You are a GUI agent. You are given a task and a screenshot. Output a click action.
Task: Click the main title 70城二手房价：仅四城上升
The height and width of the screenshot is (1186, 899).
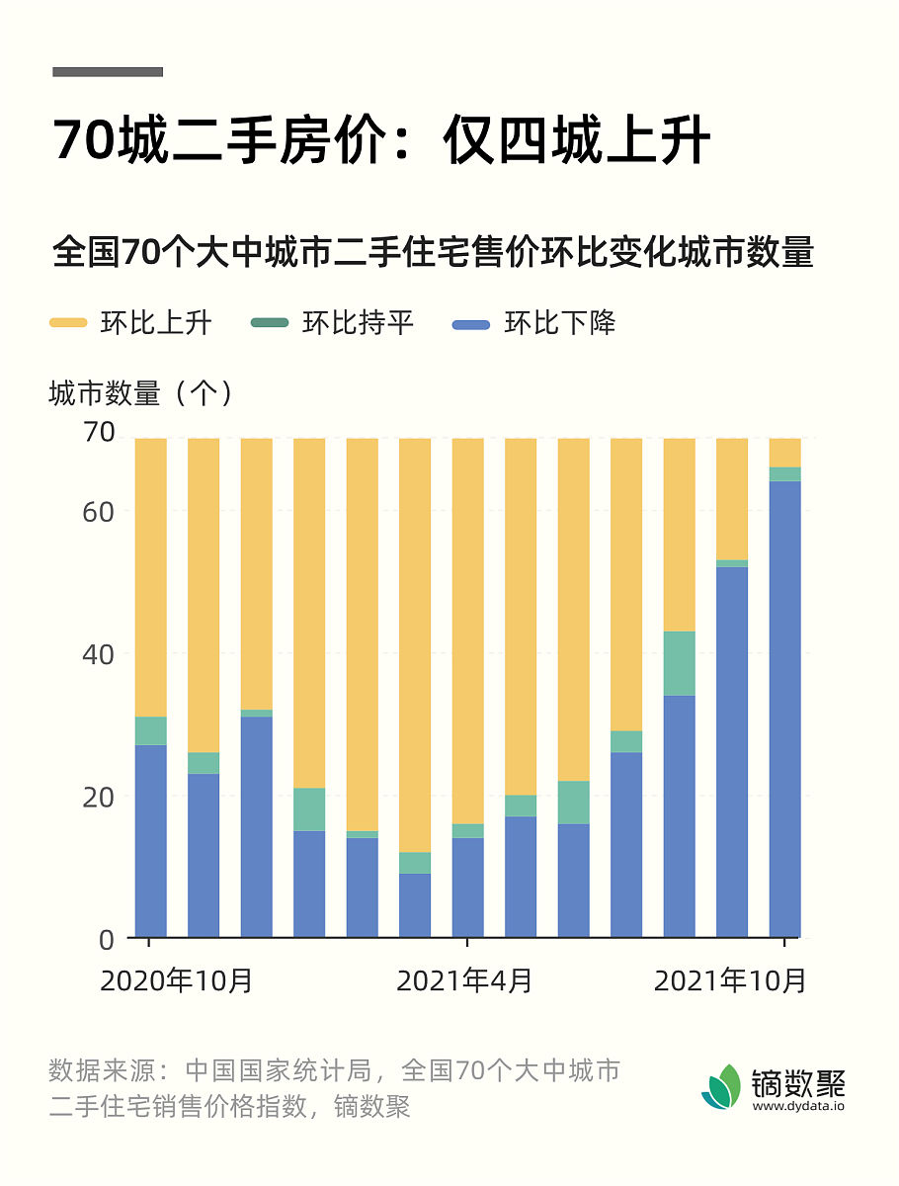coord(381,141)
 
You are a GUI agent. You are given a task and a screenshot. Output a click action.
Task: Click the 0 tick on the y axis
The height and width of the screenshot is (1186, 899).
coord(107,939)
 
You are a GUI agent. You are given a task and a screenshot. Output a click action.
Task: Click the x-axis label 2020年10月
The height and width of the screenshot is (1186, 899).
coord(178,980)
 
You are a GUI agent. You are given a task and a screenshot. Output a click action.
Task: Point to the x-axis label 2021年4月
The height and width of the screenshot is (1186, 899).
coord(465,980)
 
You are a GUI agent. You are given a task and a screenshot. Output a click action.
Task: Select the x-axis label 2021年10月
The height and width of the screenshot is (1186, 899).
coord(731,980)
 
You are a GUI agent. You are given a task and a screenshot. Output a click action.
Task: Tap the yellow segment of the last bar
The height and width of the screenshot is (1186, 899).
coord(784,452)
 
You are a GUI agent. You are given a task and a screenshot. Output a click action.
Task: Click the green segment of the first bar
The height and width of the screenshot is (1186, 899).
coord(150,730)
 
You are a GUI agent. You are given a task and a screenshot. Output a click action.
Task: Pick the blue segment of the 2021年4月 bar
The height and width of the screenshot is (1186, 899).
coord(467,887)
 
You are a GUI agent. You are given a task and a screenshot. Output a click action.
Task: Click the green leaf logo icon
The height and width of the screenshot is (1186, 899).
coord(721,1087)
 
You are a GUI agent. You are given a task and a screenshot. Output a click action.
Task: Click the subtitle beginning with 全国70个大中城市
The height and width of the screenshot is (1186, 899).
coord(433,252)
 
